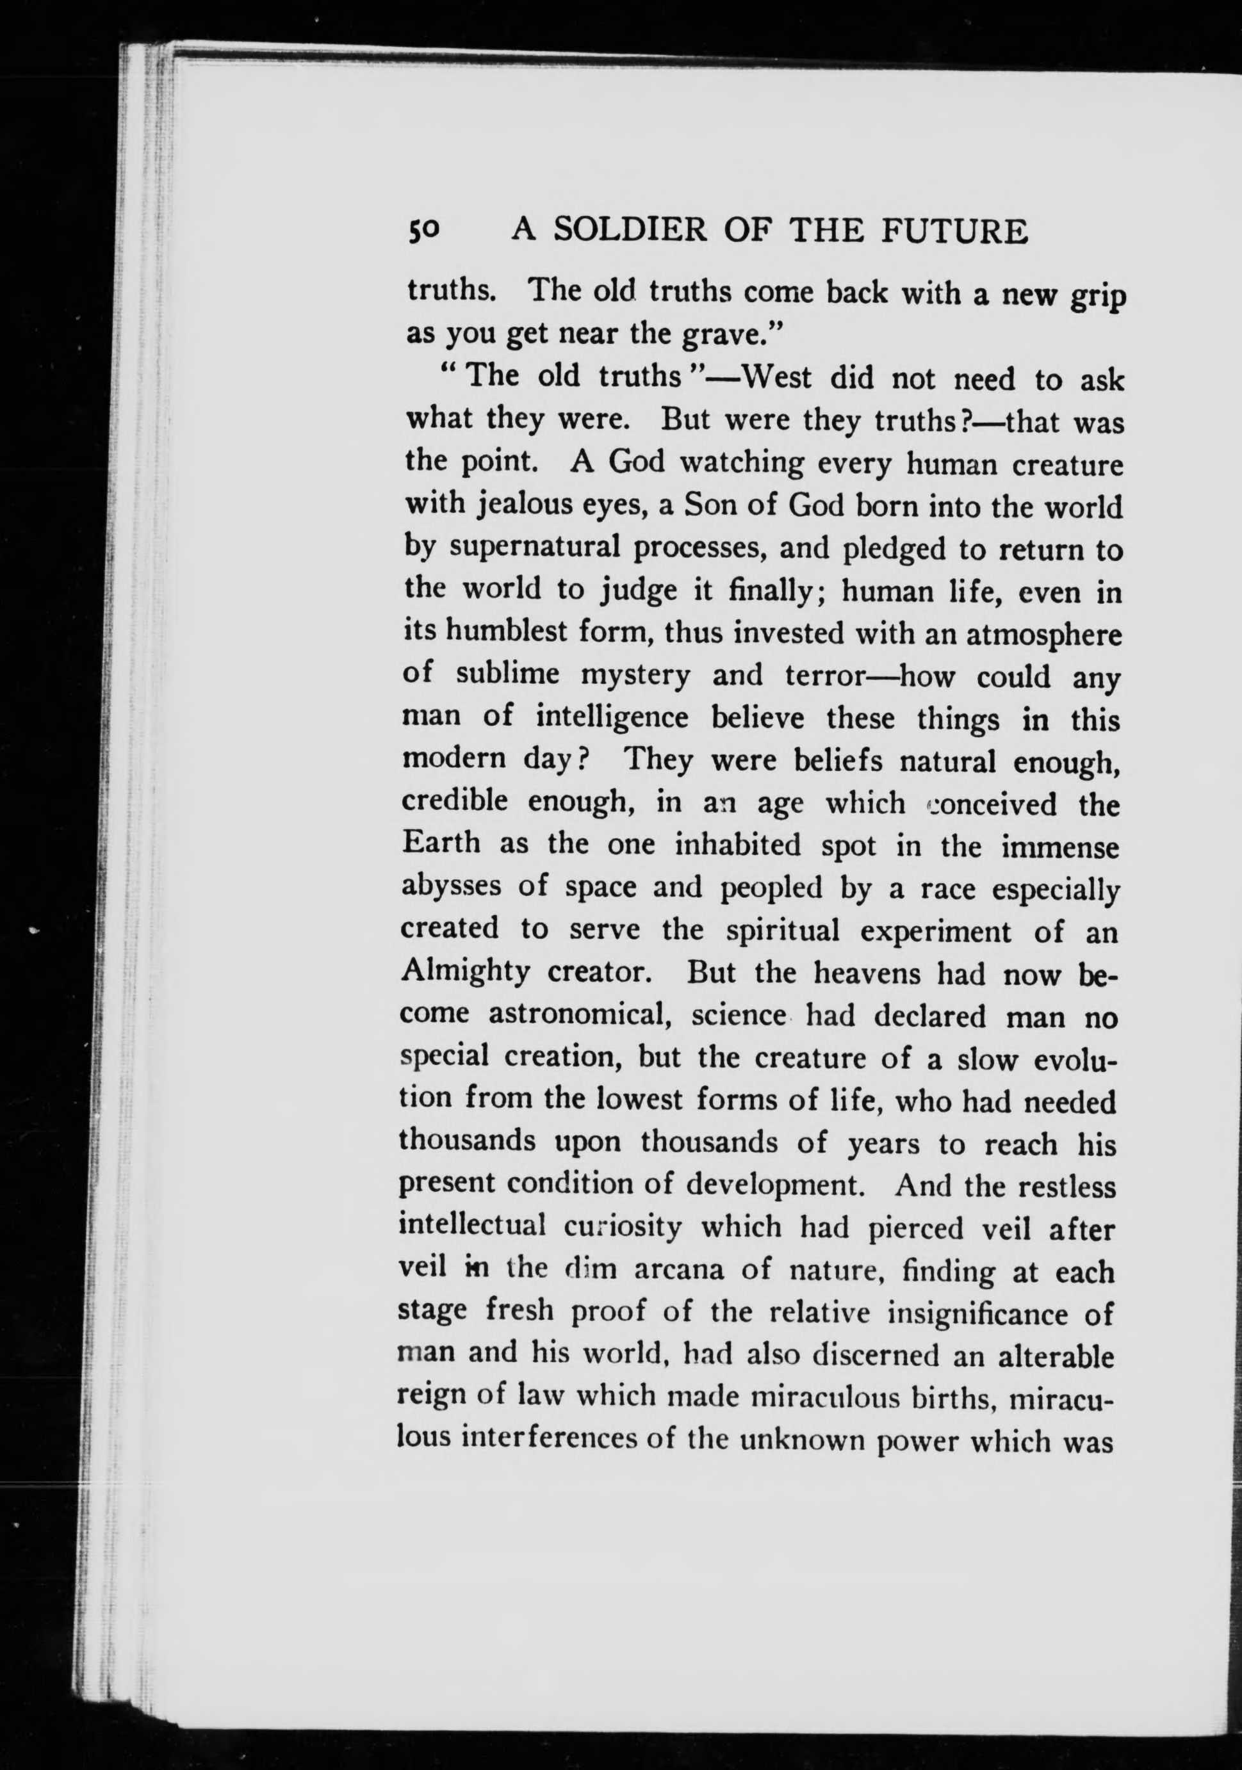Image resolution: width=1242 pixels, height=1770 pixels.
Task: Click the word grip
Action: (1097, 298)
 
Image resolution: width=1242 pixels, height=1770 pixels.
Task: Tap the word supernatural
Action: (535, 549)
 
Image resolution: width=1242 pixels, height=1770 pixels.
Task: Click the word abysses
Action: (450, 886)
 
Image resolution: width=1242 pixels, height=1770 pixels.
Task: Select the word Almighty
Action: (465, 971)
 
